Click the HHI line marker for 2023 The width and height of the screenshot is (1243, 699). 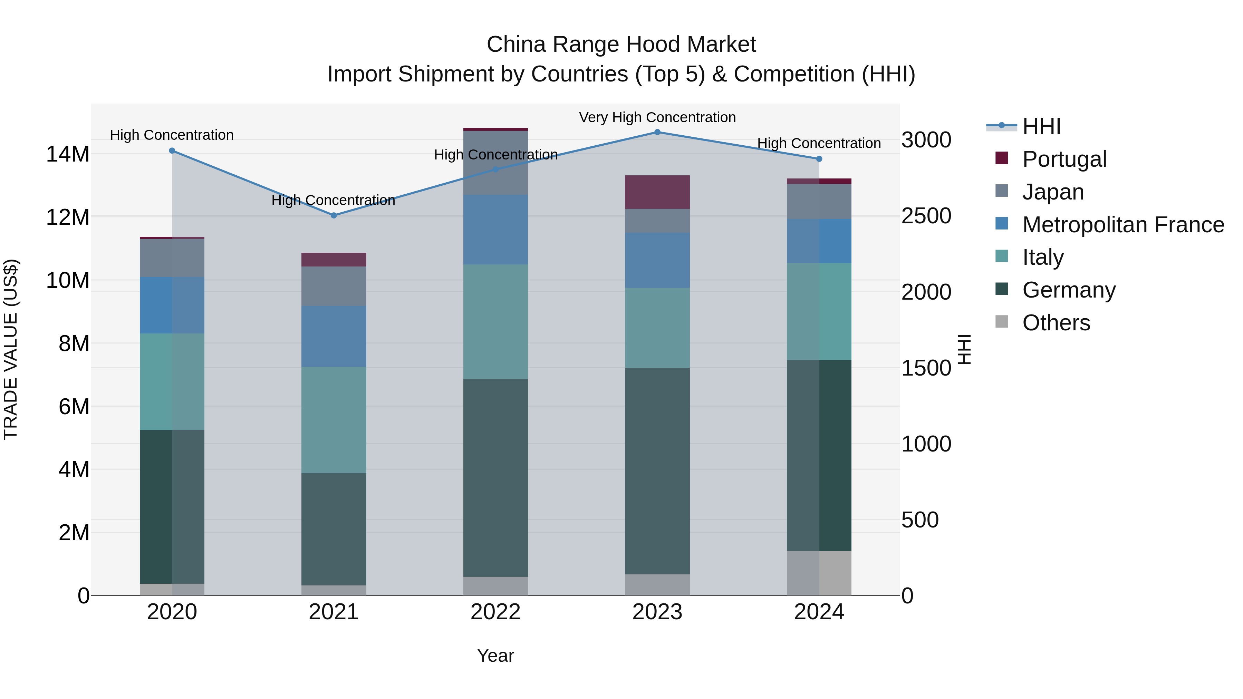pos(657,132)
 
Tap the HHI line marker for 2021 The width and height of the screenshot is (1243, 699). pos(334,216)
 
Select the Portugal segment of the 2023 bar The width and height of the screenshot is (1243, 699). pos(657,192)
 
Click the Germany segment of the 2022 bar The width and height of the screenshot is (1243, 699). pos(495,478)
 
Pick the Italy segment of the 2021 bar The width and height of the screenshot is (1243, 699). pos(334,420)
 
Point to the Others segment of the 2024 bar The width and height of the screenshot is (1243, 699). pos(819,573)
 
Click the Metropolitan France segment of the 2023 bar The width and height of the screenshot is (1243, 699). pos(657,261)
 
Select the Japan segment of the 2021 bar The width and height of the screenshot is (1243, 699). pos(334,286)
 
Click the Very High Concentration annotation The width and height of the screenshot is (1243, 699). pos(657,117)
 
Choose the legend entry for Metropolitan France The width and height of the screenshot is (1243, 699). pos(1123,225)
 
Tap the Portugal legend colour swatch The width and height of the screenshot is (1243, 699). pos(1001,158)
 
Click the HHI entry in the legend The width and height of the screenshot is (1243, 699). pos(1041,126)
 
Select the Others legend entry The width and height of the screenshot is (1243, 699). pos(1056,323)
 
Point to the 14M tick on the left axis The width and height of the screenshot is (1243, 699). pos(68,154)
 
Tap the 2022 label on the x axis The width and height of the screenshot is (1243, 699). pos(495,612)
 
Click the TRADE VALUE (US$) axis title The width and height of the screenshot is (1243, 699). pos(11,349)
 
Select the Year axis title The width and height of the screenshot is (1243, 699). pos(495,656)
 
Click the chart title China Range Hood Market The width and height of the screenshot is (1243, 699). pos(621,45)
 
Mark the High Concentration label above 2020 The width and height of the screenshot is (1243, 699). pos(172,135)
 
